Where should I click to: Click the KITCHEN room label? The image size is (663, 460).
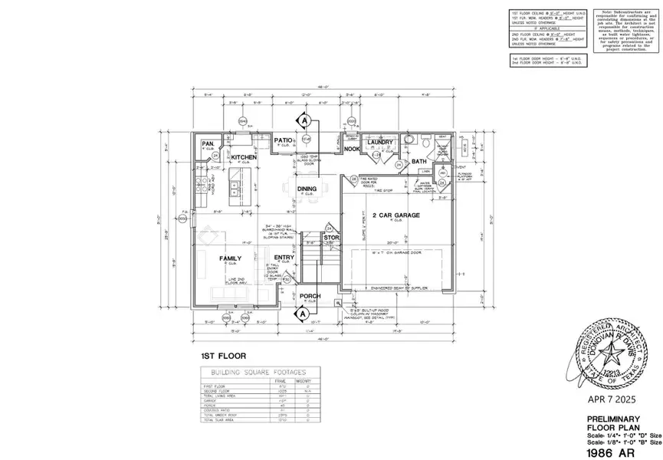[x=244, y=156]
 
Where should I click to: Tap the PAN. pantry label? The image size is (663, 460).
[x=208, y=143]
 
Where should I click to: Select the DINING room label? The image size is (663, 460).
[x=307, y=189]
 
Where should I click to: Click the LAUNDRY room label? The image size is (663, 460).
[x=379, y=142]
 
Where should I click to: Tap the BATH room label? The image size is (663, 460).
[x=418, y=161]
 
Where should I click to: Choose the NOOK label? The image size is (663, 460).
[x=352, y=149]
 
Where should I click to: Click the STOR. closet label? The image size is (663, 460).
[x=331, y=238]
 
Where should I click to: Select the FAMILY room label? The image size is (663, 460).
[x=231, y=258]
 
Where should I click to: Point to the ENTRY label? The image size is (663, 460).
[x=284, y=258]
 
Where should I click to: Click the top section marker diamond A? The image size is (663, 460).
[x=304, y=121]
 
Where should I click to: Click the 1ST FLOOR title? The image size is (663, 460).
[x=218, y=356]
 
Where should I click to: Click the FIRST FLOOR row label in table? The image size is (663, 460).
[x=214, y=386]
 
